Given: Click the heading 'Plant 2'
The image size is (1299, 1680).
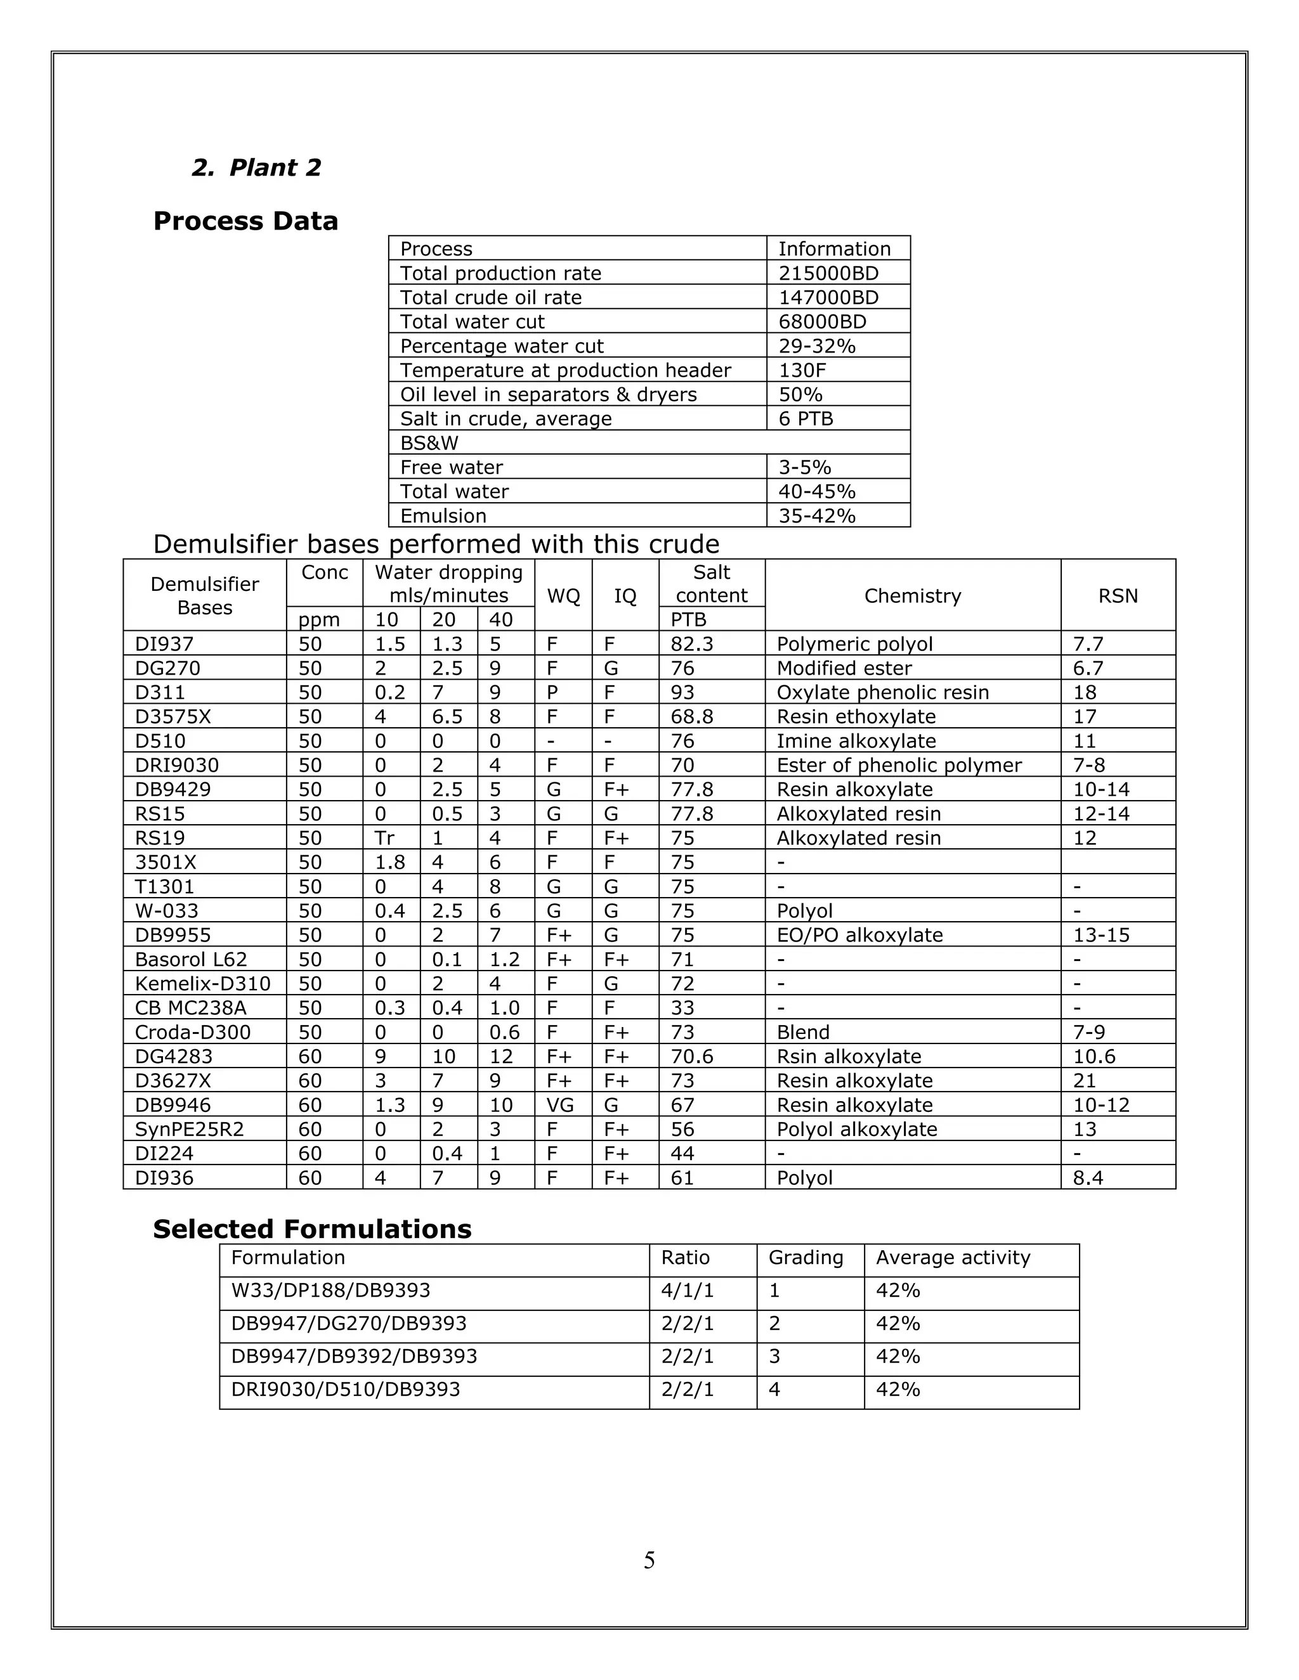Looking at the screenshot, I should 256,168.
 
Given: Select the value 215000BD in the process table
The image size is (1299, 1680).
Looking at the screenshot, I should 828,273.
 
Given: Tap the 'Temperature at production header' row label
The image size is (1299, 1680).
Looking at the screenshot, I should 565,370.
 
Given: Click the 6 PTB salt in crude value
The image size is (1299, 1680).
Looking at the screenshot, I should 806,418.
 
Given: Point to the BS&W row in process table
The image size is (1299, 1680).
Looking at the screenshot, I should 429,443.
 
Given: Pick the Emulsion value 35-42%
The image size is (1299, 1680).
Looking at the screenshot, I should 816,515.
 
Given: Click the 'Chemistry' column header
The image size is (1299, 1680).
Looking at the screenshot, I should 912,595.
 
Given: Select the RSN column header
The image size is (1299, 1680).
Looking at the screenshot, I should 1118,595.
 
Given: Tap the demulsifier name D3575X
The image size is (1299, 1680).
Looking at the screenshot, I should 173,717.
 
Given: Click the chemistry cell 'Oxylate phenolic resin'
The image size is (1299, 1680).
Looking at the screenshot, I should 882,692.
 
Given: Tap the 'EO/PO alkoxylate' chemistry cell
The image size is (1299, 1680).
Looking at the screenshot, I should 859,935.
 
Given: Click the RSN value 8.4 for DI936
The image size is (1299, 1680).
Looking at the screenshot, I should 1088,1178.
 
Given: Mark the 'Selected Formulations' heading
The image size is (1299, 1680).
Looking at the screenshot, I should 311,1229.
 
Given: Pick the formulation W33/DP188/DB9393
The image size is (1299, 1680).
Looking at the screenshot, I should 330,1290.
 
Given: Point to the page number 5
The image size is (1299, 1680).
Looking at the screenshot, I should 649,1561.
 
